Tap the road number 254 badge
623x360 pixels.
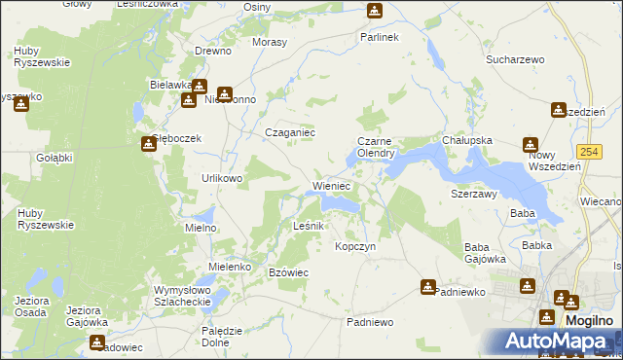pos(587,152)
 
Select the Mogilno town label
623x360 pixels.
pos(590,319)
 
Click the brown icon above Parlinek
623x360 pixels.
pos(375,12)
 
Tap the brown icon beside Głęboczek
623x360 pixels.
pos(148,144)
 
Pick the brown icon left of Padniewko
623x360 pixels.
pos(428,287)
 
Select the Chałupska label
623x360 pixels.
pos(467,140)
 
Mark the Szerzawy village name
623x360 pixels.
pos(474,194)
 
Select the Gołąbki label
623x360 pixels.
pos(55,157)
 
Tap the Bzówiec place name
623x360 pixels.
pos(288,272)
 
